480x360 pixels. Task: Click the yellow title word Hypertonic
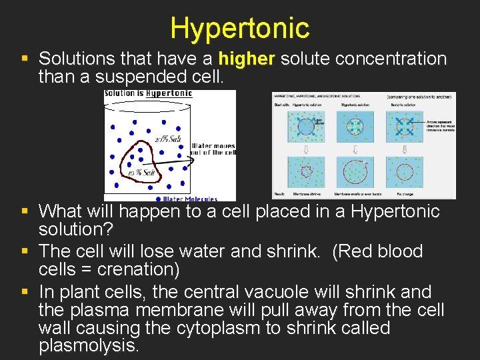point(239,28)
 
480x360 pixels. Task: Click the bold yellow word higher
point(246,59)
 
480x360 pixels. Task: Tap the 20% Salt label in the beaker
point(167,139)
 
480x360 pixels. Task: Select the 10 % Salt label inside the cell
point(141,173)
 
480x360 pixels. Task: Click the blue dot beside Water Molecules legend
point(157,198)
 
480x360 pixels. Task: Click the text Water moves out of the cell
point(213,149)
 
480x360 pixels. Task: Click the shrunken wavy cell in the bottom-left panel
point(307,171)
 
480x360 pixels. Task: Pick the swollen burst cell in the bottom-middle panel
point(355,172)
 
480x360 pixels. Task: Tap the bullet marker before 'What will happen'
point(25,212)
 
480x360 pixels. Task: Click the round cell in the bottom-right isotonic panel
point(404,172)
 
